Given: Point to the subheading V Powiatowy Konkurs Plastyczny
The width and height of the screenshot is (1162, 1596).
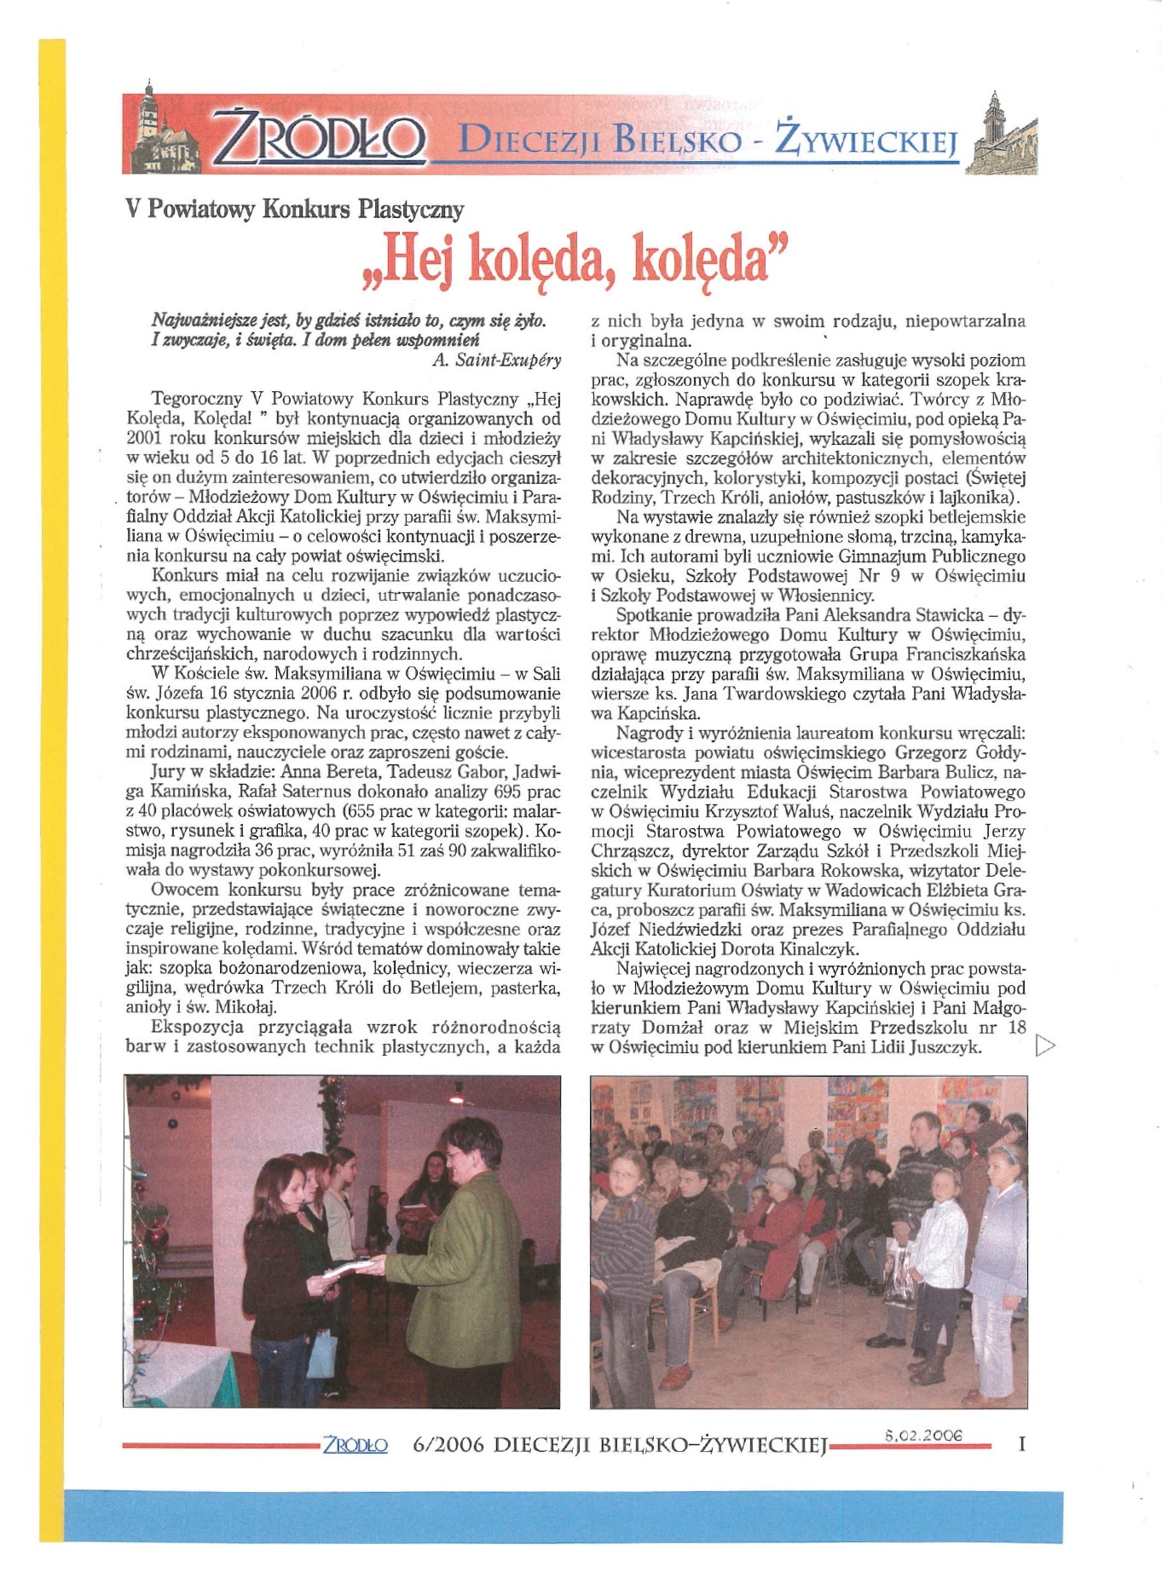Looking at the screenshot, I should [x=295, y=209].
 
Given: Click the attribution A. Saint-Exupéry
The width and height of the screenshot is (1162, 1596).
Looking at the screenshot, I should [x=497, y=360].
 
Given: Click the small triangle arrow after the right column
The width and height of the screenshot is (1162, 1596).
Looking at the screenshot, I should [x=1044, y=1045].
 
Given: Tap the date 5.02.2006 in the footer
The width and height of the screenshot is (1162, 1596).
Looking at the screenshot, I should [x=923, y=1435].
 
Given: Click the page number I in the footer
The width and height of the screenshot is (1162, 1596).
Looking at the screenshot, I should [x=1021, y=1444].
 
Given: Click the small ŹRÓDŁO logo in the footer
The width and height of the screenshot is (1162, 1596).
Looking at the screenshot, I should [x=356, y=1445].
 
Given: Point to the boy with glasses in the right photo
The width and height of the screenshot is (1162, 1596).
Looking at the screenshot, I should [x=622, y=1227].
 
